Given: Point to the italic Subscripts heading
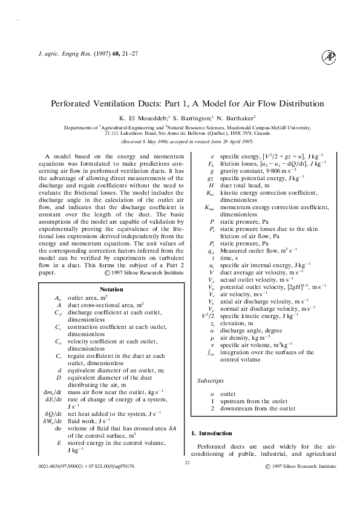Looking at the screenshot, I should click(211, 381).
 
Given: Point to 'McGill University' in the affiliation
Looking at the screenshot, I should click(290, 128).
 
